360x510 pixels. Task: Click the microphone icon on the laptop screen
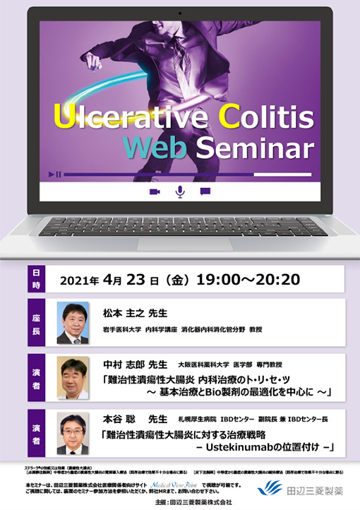pyautogui.click(x=179, y=191)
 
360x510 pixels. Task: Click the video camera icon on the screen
pyautogui.click(x=155, y=191)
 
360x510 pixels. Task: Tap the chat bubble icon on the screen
pyautogui.click(x=205, y=191)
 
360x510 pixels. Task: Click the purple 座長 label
pyautogui.click(x=37, y=323)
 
